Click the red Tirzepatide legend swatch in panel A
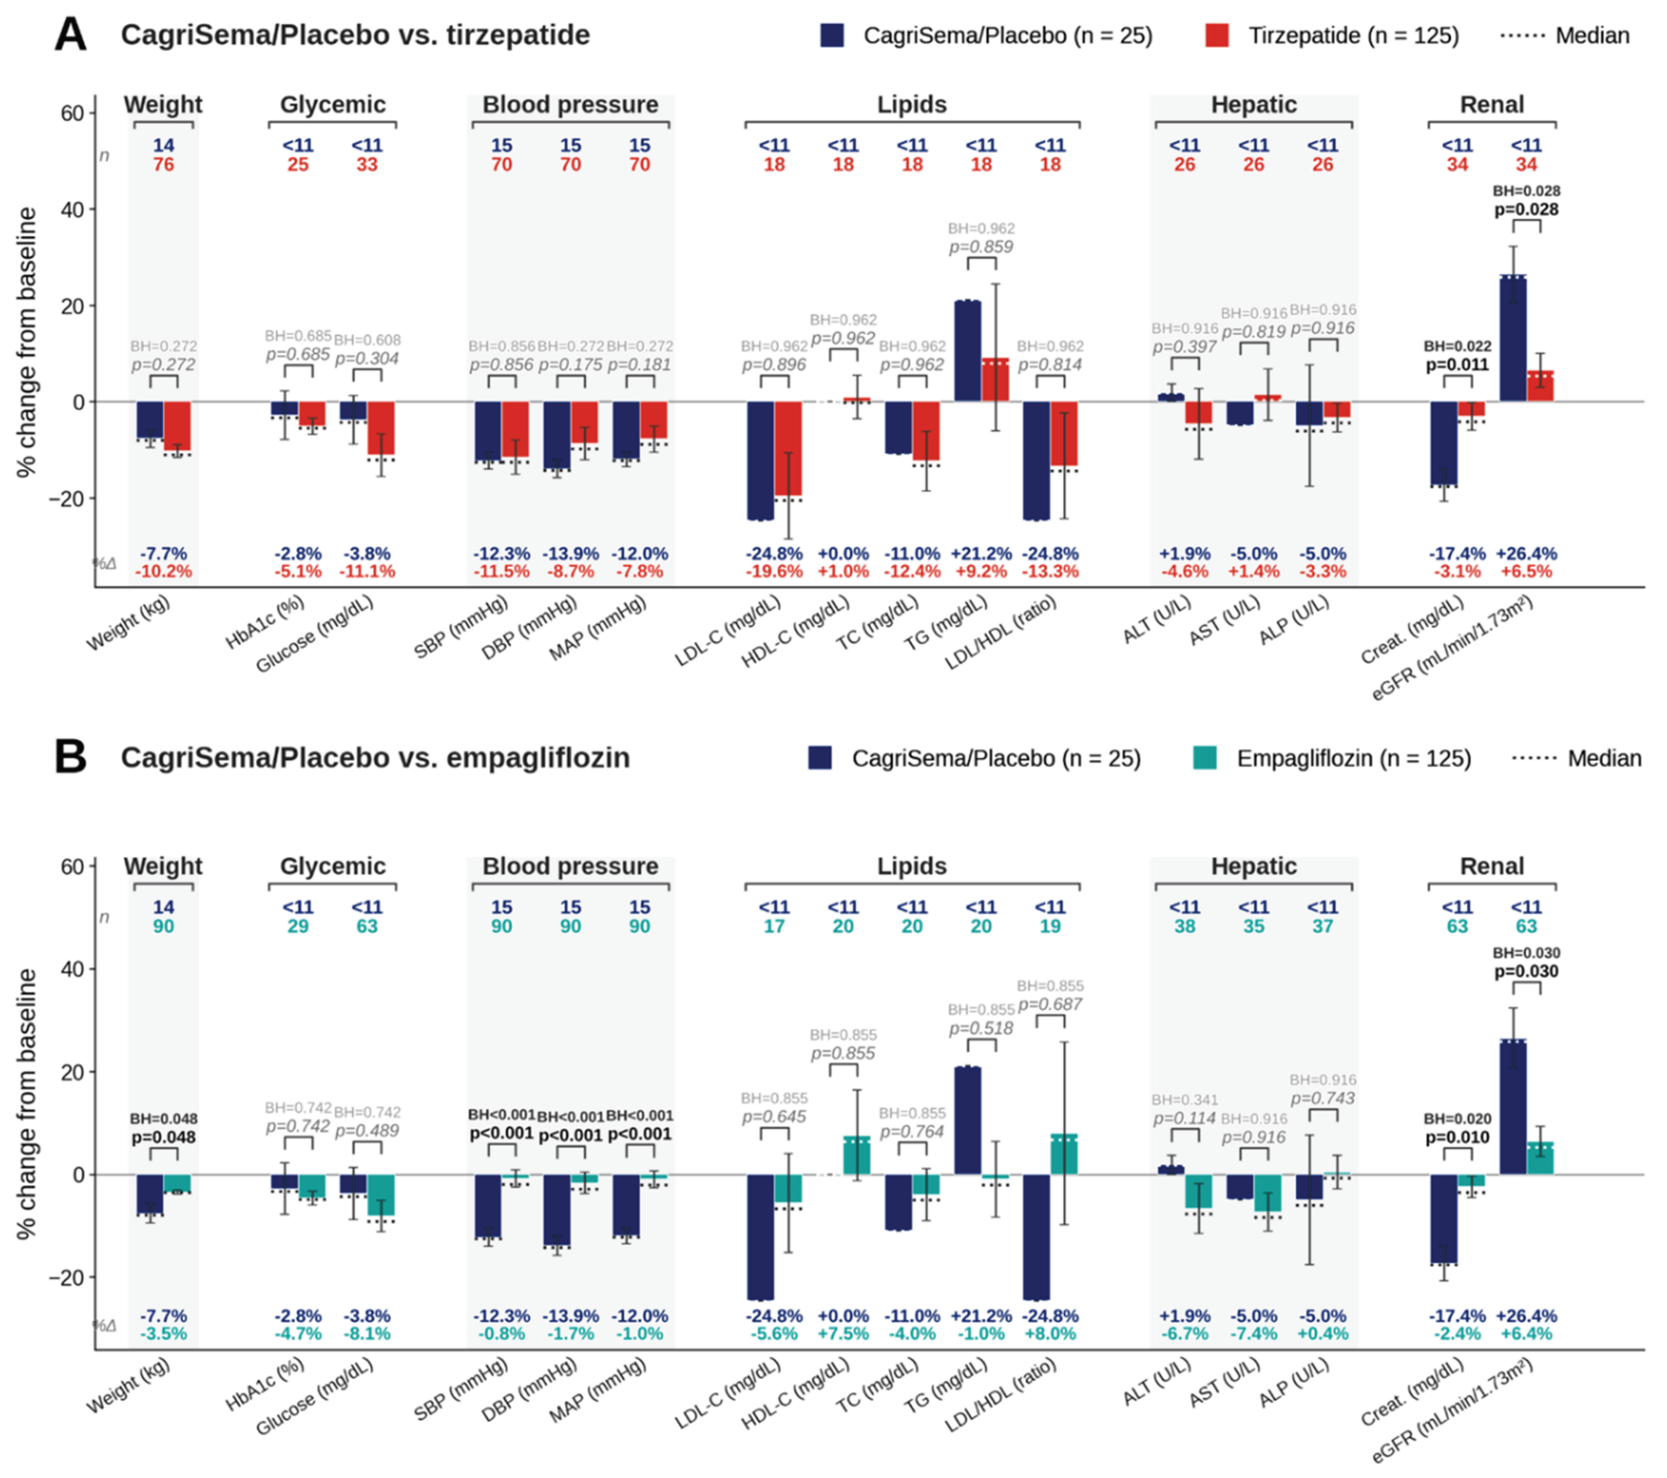tap(1217, 35)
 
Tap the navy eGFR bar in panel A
tap(1513, 338)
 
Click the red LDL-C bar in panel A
tap(788, 448)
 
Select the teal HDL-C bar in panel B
tap(857, 1155)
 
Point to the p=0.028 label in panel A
tap(1526, 210)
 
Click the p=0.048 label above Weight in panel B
tap(163, 1137)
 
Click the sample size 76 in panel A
tap(163, 165)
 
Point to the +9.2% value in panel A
tap(981, 571)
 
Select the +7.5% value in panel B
tap(843, 1335)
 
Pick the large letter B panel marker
tap(70, 757)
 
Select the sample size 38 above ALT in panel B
tap(1184, 927)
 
